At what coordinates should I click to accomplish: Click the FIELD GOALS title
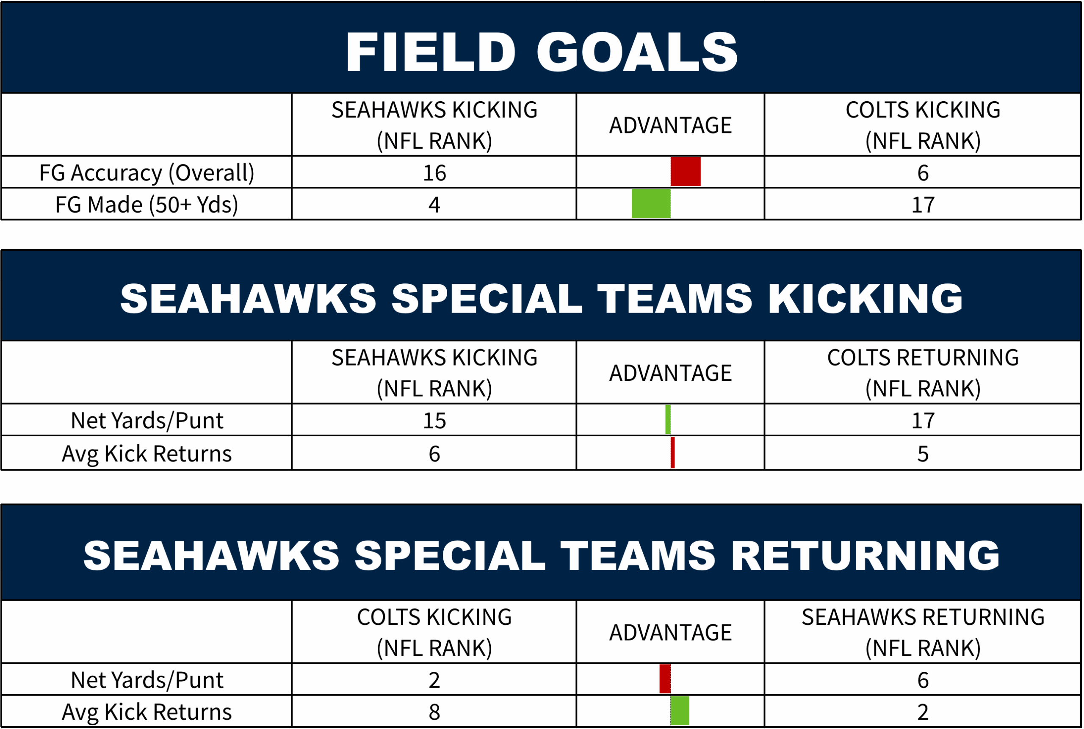tap(542, 52)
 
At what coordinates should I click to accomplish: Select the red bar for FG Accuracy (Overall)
tap(686, 172)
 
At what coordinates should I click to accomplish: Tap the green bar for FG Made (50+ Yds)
tap(651, 203)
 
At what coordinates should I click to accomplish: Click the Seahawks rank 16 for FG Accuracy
tap(434, 173)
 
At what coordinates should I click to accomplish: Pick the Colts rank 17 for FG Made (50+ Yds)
tap(923, 205)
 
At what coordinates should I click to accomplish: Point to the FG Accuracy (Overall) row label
tap(147, 173)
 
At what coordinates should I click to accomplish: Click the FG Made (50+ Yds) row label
tap(147, 205)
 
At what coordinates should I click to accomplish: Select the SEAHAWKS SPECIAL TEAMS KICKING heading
tap(542, 299)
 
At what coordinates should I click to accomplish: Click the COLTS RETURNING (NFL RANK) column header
tap(923, 373)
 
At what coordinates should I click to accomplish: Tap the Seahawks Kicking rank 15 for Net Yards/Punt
tap(434, 421)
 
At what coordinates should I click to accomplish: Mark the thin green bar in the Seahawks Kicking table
tap(668, 419)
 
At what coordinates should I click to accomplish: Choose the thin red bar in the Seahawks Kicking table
tap(672, 452)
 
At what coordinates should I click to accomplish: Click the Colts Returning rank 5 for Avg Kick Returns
tap(923, 454)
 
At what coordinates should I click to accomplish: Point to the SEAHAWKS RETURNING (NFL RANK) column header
tap(923, 632)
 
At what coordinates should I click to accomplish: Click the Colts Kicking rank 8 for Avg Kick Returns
tap(434, 712)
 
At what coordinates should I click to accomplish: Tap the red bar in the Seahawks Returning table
tap(665, 679)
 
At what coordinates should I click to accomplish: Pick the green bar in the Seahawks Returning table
tap(680, 711)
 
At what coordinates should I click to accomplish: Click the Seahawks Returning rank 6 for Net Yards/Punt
tap(923, 680)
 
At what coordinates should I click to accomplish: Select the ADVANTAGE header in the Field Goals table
tap(670, 125)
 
